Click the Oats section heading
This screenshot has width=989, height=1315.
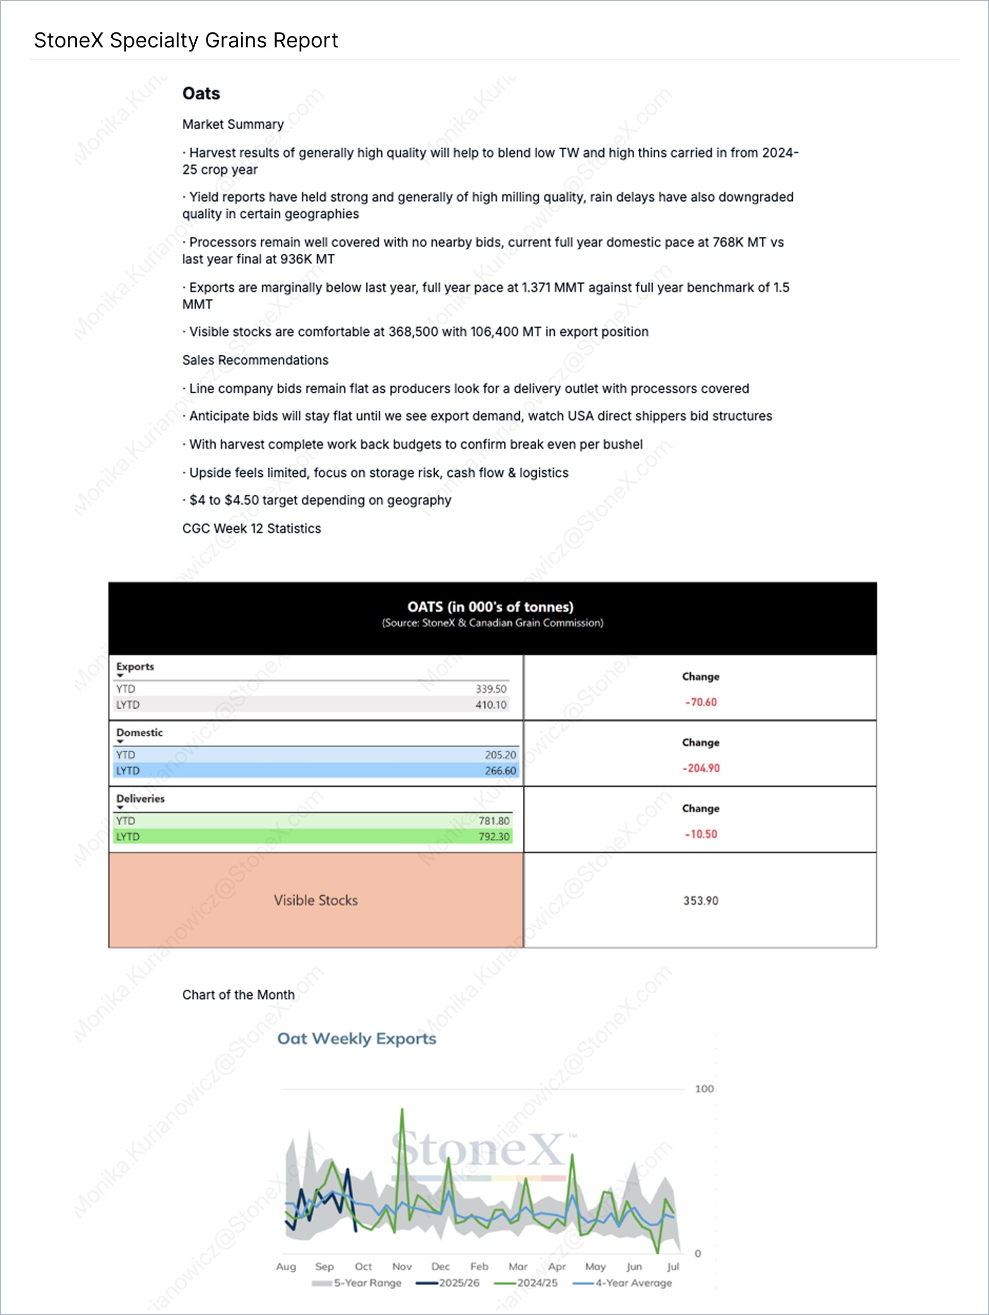(x=201, y=93)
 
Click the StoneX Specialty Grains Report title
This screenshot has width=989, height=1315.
(x=185, y=41)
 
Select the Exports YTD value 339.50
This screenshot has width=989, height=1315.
(x=490, y=689)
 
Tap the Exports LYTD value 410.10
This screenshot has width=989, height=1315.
(x=490, y=705)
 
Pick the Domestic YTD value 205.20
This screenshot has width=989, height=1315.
(x=500, y=755)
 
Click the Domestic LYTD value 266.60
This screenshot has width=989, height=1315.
(x=500, y=771)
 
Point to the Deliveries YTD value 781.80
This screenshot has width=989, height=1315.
(x=493, y=821)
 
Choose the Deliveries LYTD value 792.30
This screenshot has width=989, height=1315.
(x=493, y=837)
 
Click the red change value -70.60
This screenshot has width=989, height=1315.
(x=701, y=703)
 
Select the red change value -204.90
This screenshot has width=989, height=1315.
(x=701, y=769)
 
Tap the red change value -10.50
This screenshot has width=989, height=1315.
(x=701, y=835)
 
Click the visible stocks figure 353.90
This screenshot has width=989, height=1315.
(x=701, y=901)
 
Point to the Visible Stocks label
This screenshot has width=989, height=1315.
(x=316, y=901)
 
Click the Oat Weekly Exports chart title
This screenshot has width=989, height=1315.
(x=357, y=1039)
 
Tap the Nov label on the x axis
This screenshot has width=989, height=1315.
(x=402, y=1267)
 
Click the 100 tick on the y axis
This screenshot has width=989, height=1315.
(x=704, y=1089)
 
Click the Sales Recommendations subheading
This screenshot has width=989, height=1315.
(x=255, y=360)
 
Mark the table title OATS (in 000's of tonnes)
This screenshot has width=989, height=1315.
(x=490, y=607)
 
